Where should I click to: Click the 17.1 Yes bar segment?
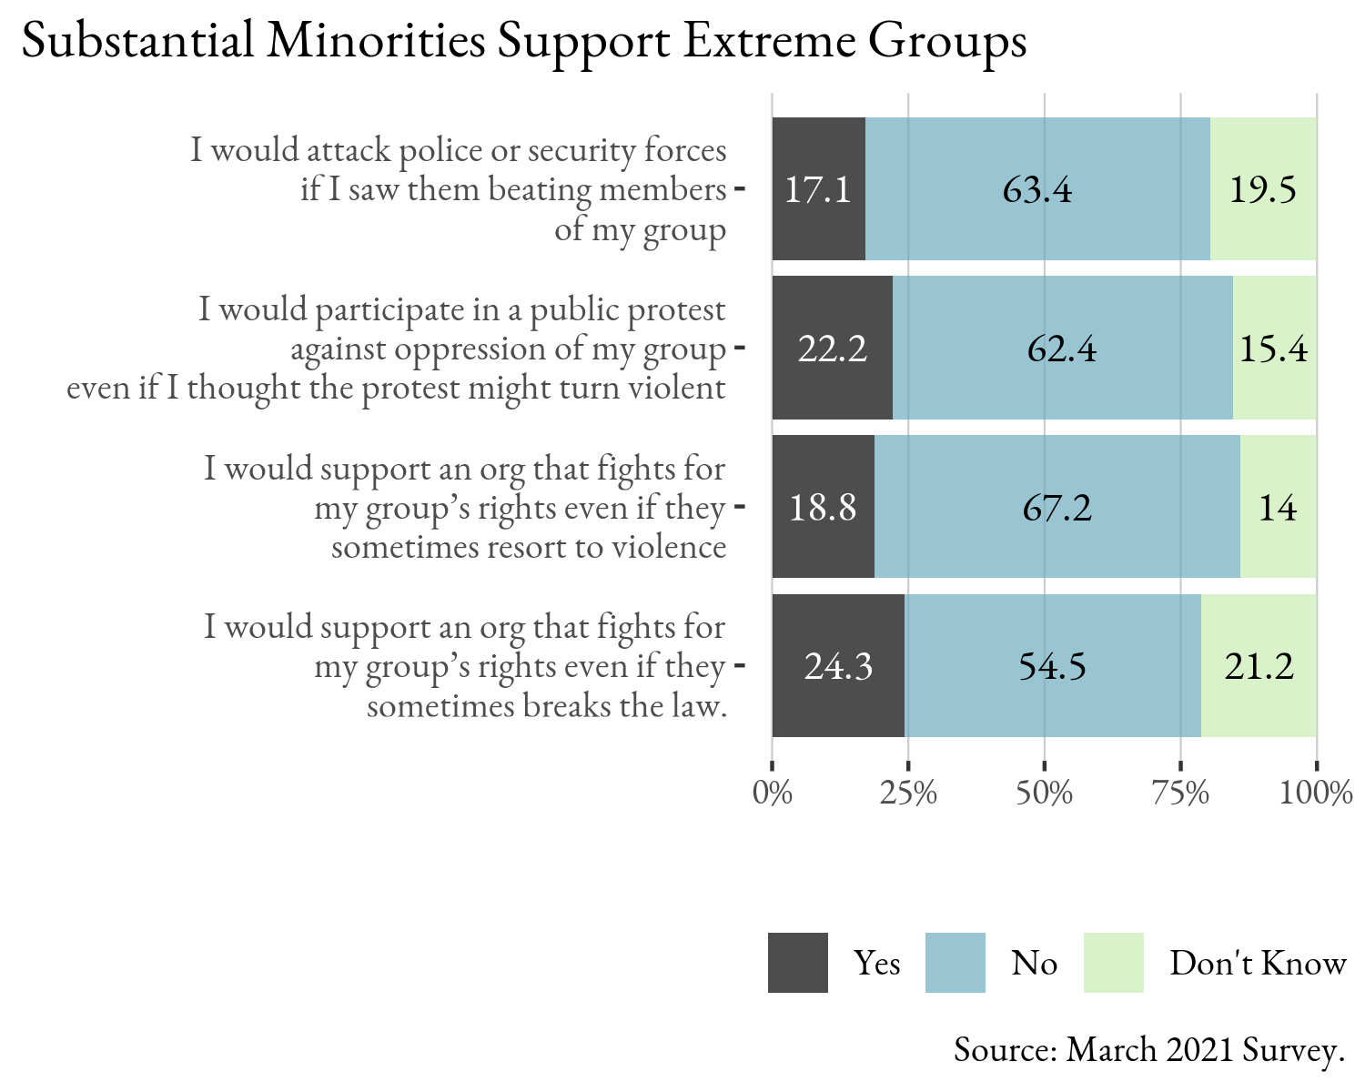click(818, 189)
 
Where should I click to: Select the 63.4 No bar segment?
click(1037, 189)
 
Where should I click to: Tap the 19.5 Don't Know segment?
click(1263, 189)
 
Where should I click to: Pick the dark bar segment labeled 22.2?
click(832, 349)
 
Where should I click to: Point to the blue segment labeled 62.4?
click(1062, 349)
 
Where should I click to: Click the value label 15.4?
click(1274, 349)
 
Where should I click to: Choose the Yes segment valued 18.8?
click(823, 507)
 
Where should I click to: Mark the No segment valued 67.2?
click(1057, 507)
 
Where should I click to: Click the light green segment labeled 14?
click(1278, 507)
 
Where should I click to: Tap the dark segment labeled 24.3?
click(838, 666)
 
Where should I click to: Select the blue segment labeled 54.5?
click(1052, 666)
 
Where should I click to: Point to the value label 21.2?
click(1259, 666)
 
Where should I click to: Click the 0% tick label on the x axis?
click(773, 794)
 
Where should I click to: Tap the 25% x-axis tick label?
click(908, 794)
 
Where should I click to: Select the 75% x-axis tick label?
click(1180, 794)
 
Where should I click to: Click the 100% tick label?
click(1316, 794)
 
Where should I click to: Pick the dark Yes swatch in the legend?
click(798, 963)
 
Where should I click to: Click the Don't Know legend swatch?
click(1114, 963)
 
